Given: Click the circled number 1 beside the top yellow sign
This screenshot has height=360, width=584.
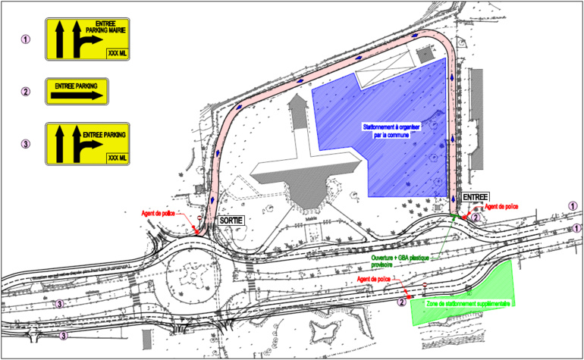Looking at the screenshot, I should click(26, 39).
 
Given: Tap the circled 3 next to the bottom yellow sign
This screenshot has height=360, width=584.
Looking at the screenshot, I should click(26, 144).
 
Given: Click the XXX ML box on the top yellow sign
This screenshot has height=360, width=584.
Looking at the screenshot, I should click(116, 52).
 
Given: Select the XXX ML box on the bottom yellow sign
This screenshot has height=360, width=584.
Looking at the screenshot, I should click(116, 158).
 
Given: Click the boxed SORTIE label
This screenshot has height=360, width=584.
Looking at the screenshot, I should click(231, 220).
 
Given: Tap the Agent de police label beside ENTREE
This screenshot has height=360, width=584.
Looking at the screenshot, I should click(501, 206).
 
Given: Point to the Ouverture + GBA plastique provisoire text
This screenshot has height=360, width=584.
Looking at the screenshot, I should click(400, 261).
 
